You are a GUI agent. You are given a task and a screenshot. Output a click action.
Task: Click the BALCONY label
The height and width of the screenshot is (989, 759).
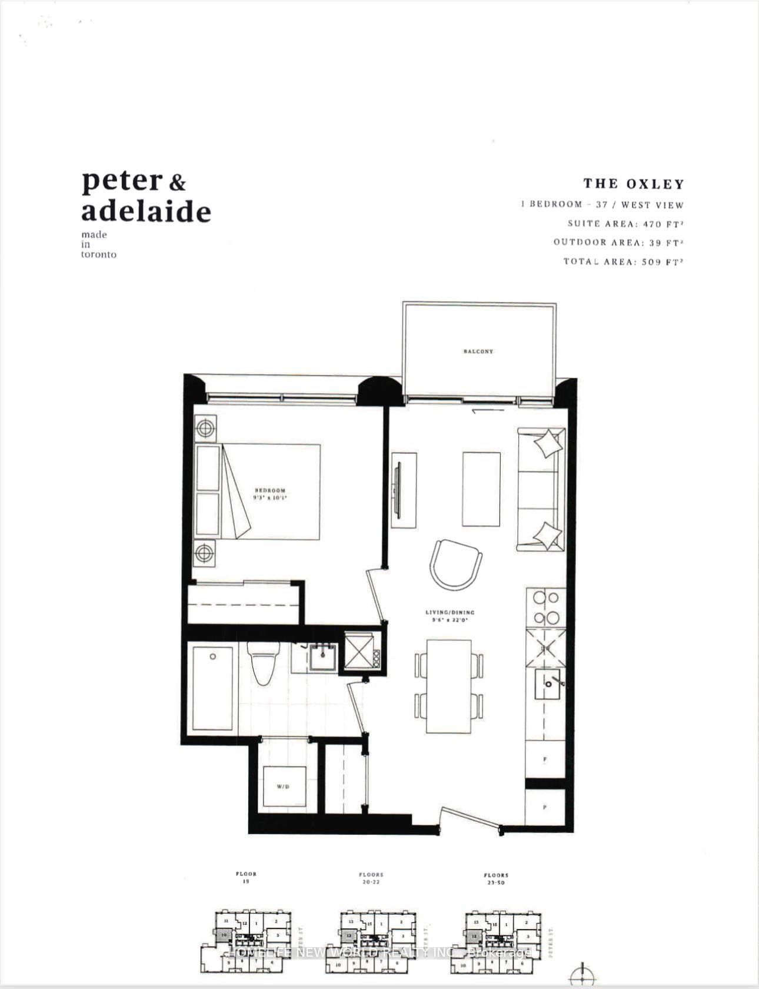click(x=478, y=351)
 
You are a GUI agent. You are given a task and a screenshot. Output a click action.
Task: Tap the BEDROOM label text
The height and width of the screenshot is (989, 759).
click(x=270, y=490)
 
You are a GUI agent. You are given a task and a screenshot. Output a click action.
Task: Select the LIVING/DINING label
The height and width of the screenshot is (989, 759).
click(x=450, y=612)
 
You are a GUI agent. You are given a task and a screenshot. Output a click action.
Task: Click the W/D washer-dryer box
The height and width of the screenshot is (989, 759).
click(x=285, y=786)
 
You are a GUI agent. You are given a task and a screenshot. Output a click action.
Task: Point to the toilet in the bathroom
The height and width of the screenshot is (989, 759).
click(x=262, y=662)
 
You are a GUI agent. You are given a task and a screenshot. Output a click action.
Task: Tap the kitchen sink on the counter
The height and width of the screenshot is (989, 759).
click(x=547, y=683)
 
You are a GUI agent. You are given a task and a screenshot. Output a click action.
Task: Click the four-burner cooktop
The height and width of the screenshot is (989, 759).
click(x=545, y=608)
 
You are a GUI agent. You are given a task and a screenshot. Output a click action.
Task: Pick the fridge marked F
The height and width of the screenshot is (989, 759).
click(x=545, y=759)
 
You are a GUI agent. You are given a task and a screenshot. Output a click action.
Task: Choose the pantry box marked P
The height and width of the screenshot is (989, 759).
click(x=545, y=807)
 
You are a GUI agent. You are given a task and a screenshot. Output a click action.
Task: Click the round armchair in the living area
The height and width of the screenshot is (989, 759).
click(x=456, y=564)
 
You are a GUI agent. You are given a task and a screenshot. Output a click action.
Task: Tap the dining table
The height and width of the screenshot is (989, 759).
click(x=449, y=686)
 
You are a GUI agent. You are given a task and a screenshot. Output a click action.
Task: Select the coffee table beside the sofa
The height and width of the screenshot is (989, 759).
click(x=481, y=489)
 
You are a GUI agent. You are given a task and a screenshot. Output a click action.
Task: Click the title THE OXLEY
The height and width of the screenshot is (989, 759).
click(x=634, y=184)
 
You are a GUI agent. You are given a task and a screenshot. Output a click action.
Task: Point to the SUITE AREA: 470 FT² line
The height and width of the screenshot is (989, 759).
click(x=625, y=224)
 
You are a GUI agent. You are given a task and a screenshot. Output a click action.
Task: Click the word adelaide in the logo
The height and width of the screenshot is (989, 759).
click(x=146, y=211)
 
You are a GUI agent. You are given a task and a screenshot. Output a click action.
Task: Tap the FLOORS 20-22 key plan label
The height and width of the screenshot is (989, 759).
click(x=371, y=878)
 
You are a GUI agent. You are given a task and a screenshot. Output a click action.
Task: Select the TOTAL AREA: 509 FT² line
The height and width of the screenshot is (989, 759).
click(x=623, y=261)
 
